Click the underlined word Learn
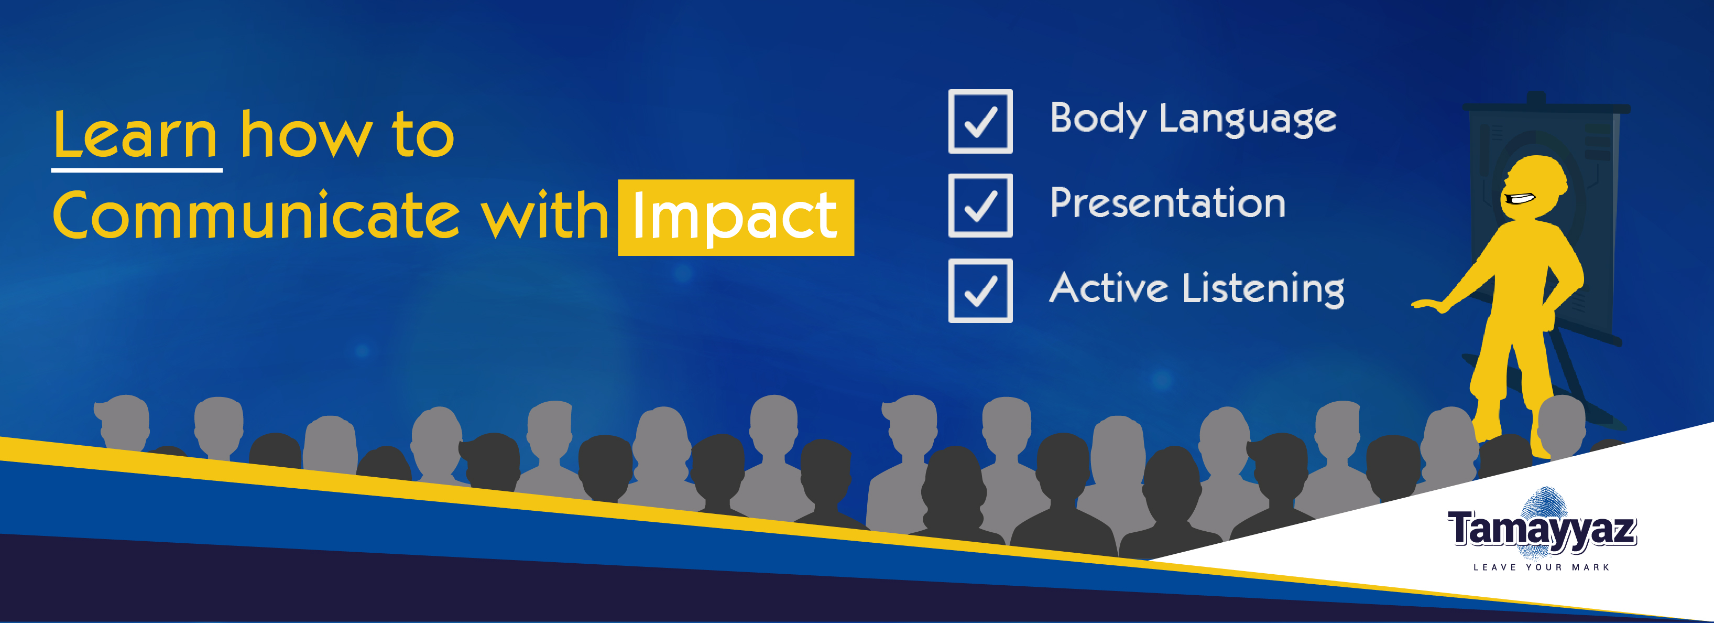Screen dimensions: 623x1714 click(x=136, y=135)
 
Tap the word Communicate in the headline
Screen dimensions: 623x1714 click(x=256, y=216)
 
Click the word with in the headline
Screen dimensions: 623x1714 click(x=544, y=216)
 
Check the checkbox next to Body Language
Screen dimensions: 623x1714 click(x=980, y=121)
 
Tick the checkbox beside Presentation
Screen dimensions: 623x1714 click(x=980, y=206)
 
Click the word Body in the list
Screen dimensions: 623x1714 click(x=1097, y=120)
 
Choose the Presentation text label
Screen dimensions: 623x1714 click(x=1167, y=203)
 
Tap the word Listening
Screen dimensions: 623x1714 click(x=1263, y=290)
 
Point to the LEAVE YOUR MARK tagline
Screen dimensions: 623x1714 click(x=1541, y=567)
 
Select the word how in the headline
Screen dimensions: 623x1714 click(x=306, y=135)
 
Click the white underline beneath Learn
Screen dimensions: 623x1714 click(x=136, y=170)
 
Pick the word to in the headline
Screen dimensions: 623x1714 click(x=423, y=135)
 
